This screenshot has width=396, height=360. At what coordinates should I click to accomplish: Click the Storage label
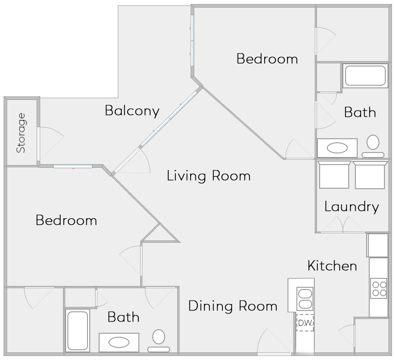[21, 133]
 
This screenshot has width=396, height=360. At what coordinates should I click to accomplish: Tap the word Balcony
[132, 111]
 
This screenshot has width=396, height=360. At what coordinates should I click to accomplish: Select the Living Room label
[208, 176]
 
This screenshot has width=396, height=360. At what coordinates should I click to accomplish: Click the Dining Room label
[233, 306]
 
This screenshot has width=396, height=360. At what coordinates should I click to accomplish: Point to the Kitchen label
[332, 266]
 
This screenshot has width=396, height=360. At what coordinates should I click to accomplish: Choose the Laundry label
[351, 207]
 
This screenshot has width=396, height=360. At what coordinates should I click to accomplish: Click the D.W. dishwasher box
[305, 323]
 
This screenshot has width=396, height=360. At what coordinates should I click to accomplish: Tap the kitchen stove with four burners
[379, 288]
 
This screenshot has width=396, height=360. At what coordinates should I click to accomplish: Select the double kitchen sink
[305, 298]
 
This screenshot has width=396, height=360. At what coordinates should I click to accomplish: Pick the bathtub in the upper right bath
[365, 75]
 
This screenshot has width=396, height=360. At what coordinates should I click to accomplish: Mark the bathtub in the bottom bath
[77, 330]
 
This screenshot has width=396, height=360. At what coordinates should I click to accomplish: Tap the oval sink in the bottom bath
[119, 342]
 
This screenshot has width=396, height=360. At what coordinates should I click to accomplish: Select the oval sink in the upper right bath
[337, 148]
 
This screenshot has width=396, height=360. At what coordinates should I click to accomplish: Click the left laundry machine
[334, 175]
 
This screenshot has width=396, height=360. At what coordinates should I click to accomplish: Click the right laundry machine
[370, 175]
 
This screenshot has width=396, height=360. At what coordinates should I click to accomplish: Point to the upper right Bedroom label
[267, 59]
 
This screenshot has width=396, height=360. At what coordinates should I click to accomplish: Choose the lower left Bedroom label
[66, 220]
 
